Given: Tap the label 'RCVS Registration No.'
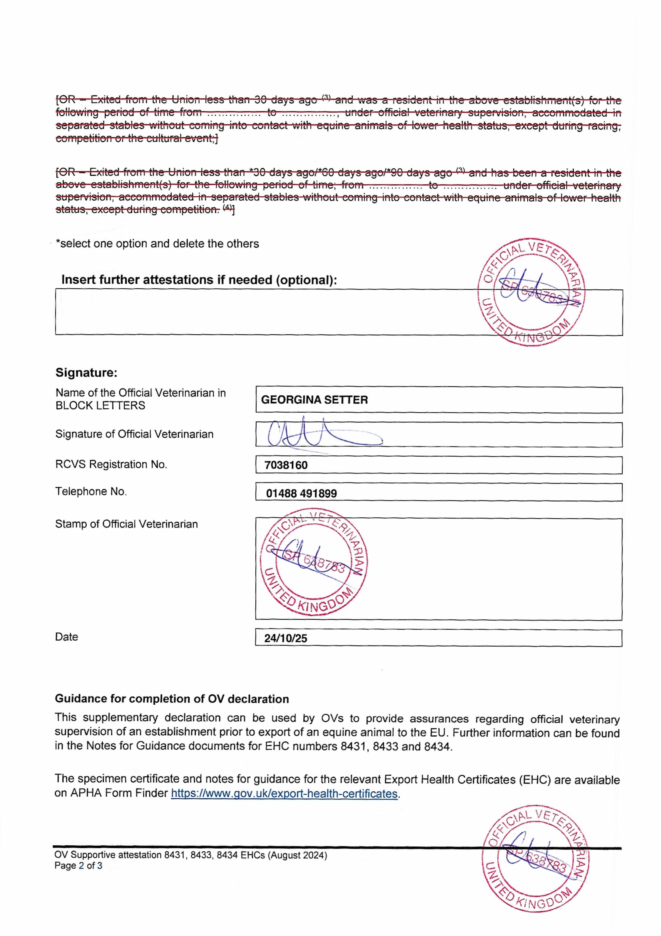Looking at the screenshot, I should (x=111, y=464).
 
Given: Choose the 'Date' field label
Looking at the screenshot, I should (x=66, y=637).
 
